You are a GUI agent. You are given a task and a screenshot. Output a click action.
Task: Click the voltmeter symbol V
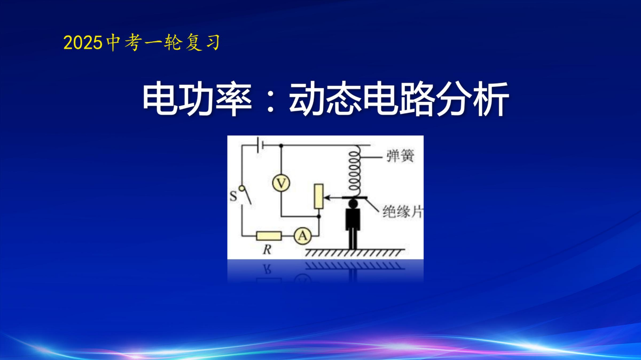pos(281,183)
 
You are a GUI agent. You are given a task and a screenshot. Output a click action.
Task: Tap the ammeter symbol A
pos(302,236)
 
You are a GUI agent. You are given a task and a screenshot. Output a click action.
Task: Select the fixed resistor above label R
pos(269,236)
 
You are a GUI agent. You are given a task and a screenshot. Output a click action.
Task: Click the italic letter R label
pos(267,249)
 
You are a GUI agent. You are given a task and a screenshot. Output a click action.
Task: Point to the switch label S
pos(233,196)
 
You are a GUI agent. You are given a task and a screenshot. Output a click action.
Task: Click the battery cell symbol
pos(260,145)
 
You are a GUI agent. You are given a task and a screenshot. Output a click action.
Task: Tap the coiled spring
pos(354,171)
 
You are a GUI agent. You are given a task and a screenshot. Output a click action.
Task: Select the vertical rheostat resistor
pos(318,197)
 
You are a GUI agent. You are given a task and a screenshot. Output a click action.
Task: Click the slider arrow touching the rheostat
pos(333,197)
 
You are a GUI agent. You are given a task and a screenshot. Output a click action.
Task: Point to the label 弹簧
pos(400,156)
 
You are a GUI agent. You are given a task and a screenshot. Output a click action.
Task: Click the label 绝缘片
pos(403,212)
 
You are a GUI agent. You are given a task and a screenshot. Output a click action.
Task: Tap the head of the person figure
pos(353,203)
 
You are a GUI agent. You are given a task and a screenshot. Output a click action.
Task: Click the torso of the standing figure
pos(353,219)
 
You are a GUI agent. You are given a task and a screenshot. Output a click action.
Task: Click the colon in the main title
pos(270,100)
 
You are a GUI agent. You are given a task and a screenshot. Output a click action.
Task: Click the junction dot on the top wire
pos(281,145)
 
